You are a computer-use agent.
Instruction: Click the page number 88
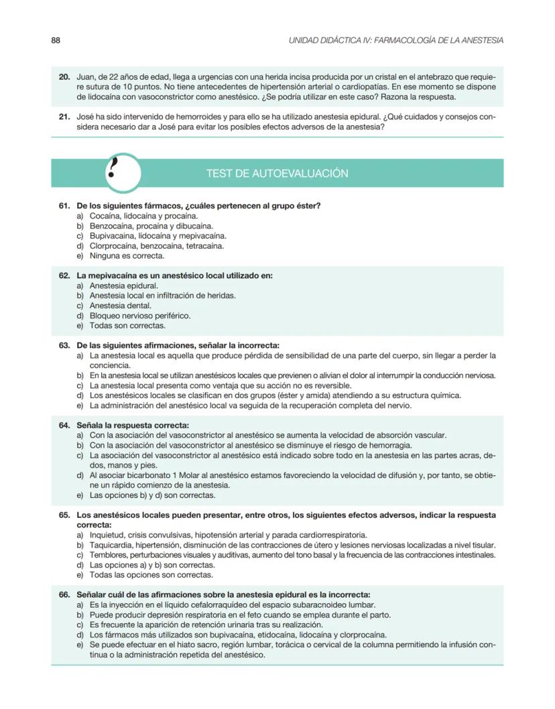click(56, 40)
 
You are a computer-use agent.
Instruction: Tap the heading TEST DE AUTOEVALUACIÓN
click(277, 174)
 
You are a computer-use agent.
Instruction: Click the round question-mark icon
click(123, 172)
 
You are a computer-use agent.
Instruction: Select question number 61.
click(65, 206)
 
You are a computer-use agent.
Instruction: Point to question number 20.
click(65, 77)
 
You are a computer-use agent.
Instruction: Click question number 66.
click(65, 594)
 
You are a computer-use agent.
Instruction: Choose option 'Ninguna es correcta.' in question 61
click(127, 255)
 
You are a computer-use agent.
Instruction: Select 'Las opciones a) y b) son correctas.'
click(152, 565)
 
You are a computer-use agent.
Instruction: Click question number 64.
click(65, 426)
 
